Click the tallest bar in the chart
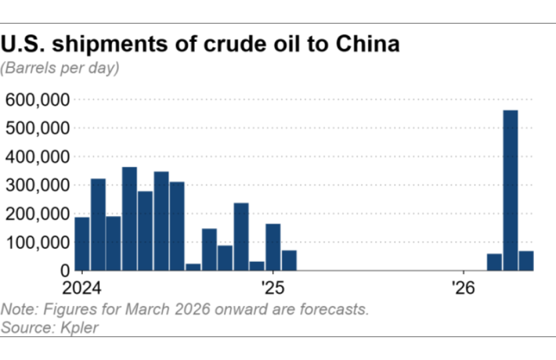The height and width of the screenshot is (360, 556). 510,190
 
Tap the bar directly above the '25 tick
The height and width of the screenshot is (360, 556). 273,247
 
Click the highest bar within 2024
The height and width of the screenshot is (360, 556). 129,219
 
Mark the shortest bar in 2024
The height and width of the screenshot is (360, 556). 193,267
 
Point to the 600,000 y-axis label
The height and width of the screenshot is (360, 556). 37,99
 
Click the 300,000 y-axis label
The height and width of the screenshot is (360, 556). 37,185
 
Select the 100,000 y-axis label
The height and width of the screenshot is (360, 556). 37,242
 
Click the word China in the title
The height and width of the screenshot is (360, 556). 367,44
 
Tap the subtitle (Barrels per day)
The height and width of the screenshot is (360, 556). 60,67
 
